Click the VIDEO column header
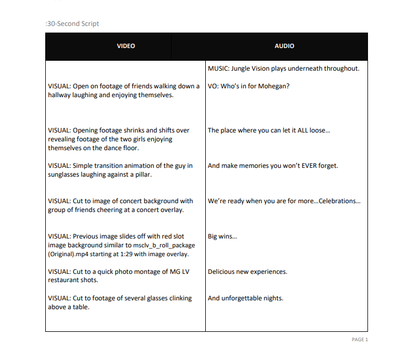coord(126,46)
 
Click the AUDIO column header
coord(284,46)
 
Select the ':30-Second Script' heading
coord(72,24)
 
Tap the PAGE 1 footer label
coord(359,340)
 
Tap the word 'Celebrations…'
coord(340,201)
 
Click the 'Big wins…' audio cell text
coord(222,236)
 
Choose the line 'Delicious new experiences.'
coord(247,272)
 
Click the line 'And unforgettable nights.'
coord(245,298)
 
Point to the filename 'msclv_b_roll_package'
coord(164,245)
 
